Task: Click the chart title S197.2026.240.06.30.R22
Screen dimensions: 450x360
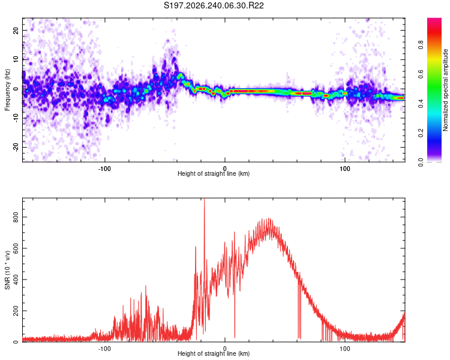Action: click(214, 5)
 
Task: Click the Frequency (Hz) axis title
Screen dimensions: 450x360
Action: click(7, 90)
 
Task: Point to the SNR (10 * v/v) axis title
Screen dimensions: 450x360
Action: click(7, 270)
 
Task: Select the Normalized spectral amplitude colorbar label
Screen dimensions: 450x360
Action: click(445, 90)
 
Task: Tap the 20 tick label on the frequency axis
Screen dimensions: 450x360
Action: click(16, 30)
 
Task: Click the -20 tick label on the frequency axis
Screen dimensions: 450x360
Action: click(16, 147)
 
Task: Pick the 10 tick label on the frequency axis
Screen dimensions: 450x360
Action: click(16, 59)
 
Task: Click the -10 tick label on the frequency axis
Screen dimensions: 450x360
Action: click(16, 118)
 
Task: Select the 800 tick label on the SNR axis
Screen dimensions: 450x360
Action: click(16, 217)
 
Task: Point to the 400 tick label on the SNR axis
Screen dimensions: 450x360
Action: click(16, 280)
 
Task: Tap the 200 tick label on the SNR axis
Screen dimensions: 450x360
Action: click(16, 311)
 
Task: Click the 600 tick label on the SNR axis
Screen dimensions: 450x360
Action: click(16, 248)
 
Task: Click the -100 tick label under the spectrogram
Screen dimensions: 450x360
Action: click(104, 169)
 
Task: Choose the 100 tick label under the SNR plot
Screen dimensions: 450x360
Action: click(344, 349)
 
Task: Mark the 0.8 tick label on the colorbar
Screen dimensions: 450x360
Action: click(421, 45)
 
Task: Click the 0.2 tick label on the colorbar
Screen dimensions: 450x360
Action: click(421, 133)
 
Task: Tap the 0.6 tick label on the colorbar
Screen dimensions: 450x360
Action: click(421, 74)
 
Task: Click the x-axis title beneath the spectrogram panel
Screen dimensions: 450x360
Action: click(214, 173)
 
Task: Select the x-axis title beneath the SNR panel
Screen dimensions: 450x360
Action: click(214, 353)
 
